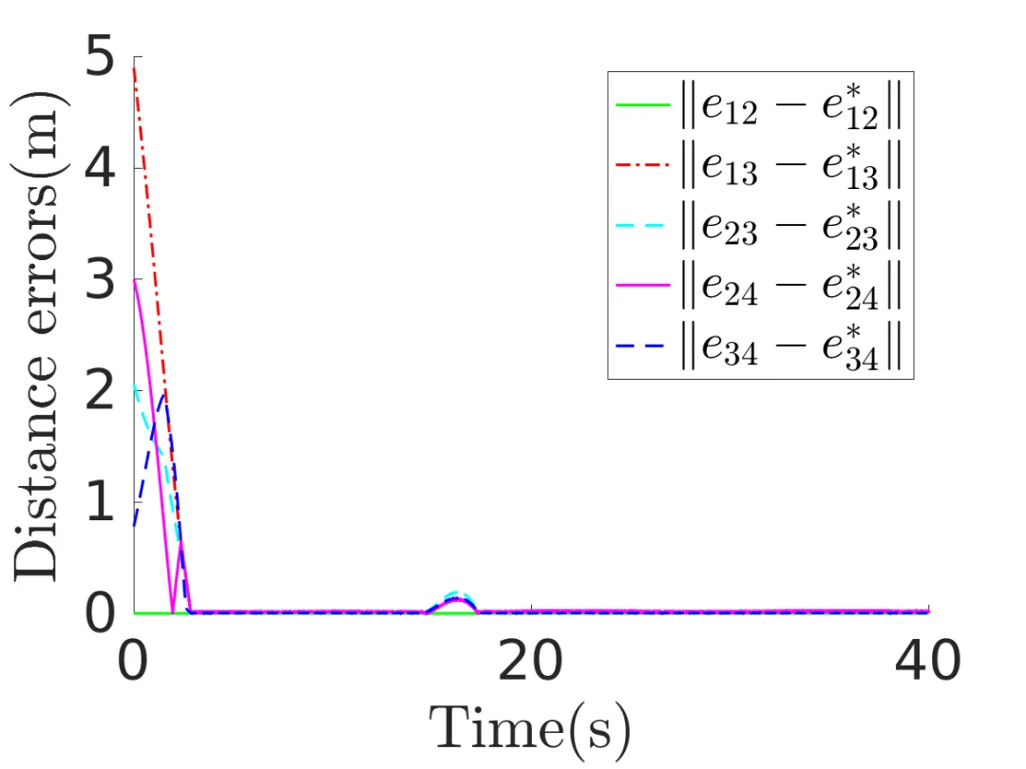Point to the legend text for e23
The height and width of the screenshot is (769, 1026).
789,228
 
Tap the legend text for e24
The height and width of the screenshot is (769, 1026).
789,288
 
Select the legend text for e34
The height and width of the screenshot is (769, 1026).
789,347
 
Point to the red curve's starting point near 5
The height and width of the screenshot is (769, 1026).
133,68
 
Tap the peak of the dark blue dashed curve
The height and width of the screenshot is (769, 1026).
164,393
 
